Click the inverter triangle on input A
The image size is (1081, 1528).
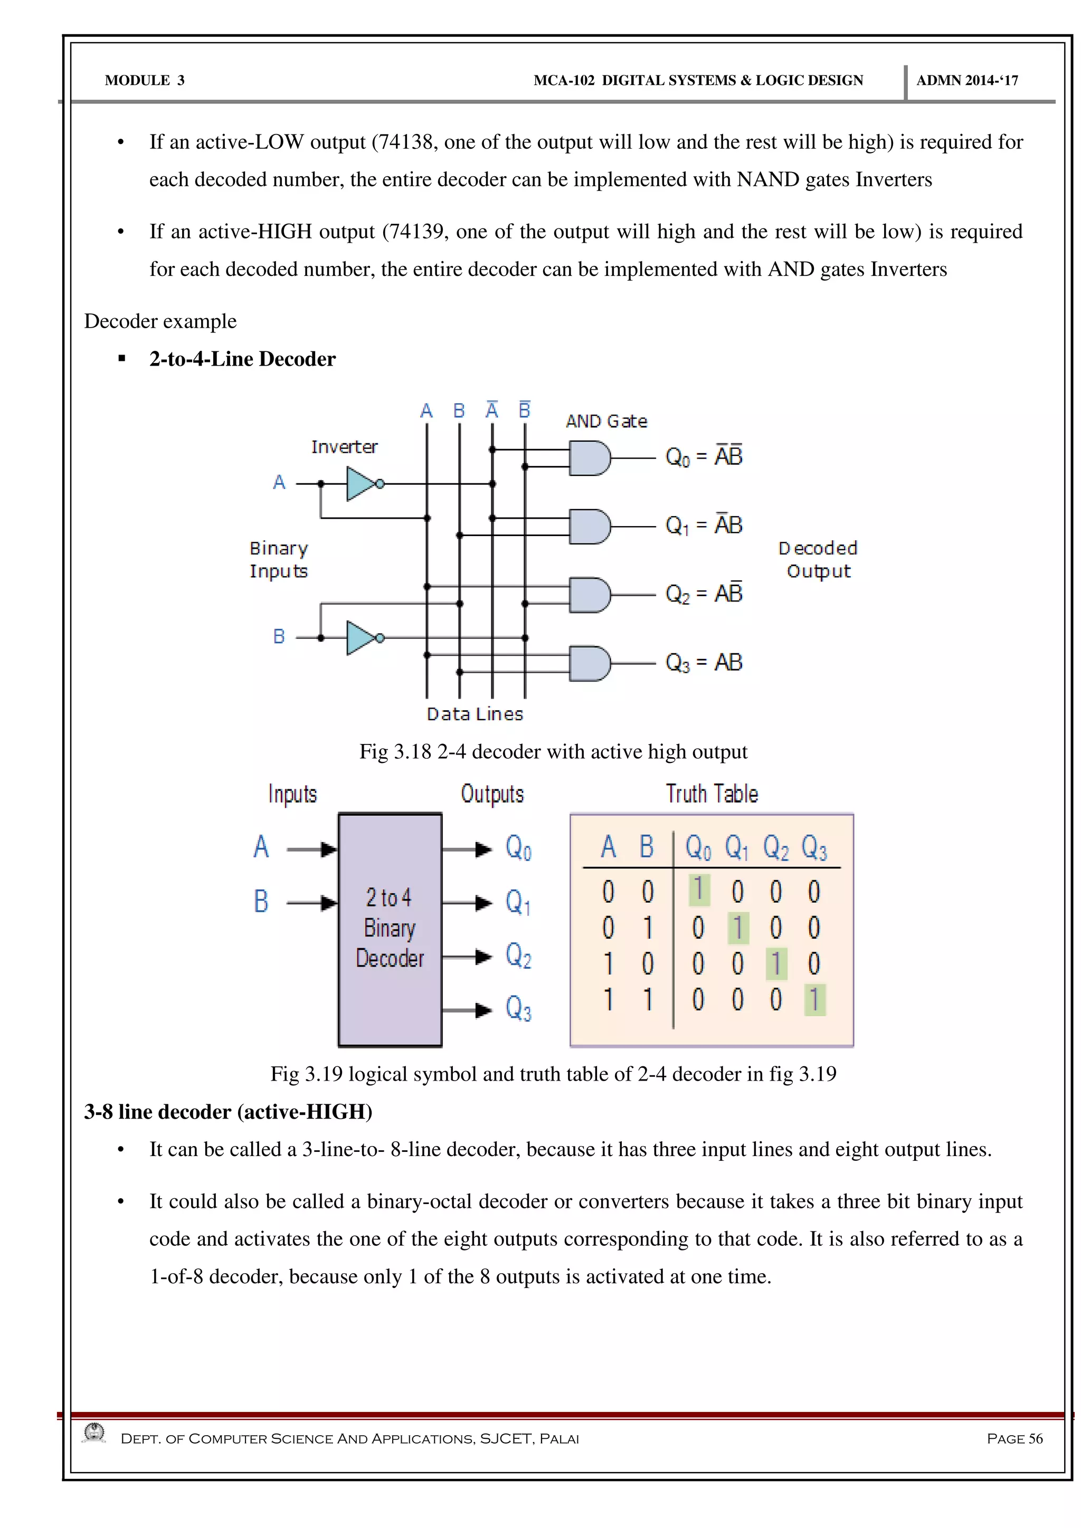(x=361, y=484)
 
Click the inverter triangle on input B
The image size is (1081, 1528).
(x=361, y=638)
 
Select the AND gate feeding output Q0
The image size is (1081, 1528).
(x=589, y=459)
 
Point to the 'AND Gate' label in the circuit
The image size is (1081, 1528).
(x=606, y=421)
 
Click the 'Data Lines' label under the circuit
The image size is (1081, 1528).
(x=475, y=714)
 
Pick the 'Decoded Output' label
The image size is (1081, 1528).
(x=818, y=560)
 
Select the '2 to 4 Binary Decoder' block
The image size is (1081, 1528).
(x=390, y=929)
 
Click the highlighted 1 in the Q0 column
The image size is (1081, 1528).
(x=698, y=890)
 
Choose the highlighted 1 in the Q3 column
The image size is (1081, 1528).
(x=814, y=1000)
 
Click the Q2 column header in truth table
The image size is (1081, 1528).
(x=775, y=848)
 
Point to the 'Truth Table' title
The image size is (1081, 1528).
(x=712, y=794)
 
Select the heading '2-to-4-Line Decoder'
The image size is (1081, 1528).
(x=242, y=359)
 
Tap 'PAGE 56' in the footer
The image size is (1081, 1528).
(x=1014, y=1438)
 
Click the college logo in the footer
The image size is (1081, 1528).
(x=94, y=1433)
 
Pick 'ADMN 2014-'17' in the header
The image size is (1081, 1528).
(x=966, y=81)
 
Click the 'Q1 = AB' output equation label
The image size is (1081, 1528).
(x=704, y=526)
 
